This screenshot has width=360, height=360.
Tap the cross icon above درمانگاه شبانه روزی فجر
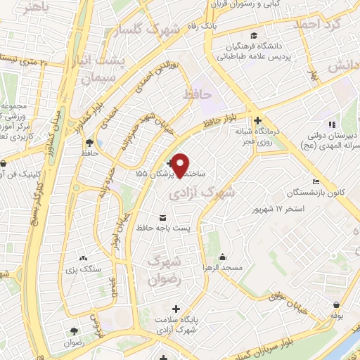pyautogui.click(x=258, y=120)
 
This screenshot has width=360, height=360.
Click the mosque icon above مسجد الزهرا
pyautogui.click(x=222, y=256)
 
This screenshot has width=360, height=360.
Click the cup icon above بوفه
pyautogui.click(x=337, y=305)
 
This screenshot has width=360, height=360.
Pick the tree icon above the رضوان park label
pyautogui.click(x=73, y=329)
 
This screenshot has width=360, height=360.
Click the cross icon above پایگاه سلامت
pyautogui.click(x=176, y=308)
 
